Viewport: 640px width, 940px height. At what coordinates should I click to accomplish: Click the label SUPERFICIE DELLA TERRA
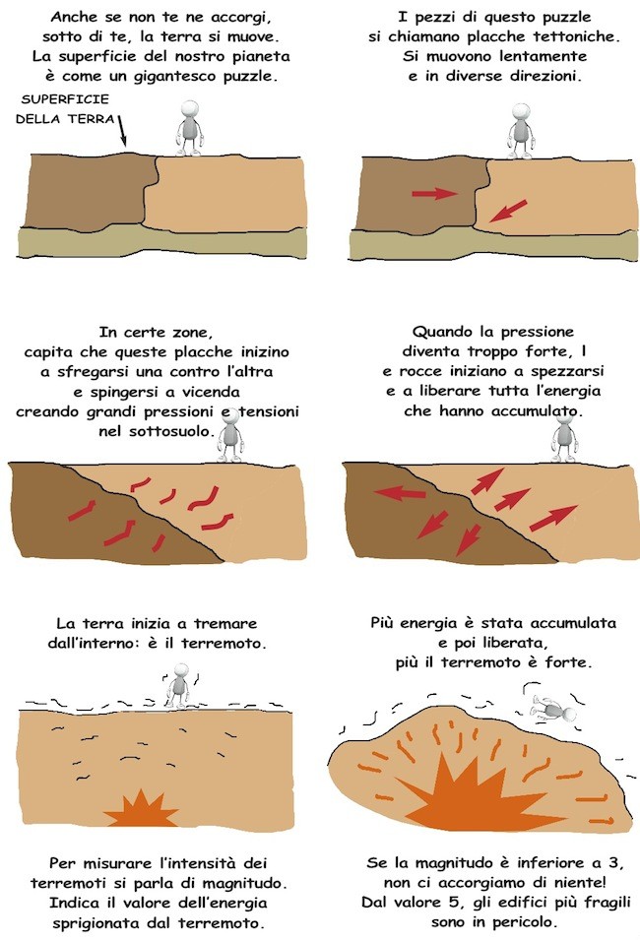point(65,109)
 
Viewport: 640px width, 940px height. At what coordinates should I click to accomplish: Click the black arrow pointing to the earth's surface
point(122,131)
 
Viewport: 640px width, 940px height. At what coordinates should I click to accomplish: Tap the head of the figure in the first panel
point(190,109)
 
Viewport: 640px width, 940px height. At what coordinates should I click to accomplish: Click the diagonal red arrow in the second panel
point(508,211)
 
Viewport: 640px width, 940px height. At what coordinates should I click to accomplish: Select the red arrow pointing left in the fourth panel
point(400,493)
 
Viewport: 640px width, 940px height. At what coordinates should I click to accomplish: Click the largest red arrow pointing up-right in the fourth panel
point(553,518)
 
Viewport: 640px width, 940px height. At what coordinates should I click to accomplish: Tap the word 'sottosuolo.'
point(171,431)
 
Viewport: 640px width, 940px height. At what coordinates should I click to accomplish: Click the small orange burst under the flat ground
point(142,809)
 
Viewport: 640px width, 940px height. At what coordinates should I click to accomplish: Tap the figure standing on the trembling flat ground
point(178,686)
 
